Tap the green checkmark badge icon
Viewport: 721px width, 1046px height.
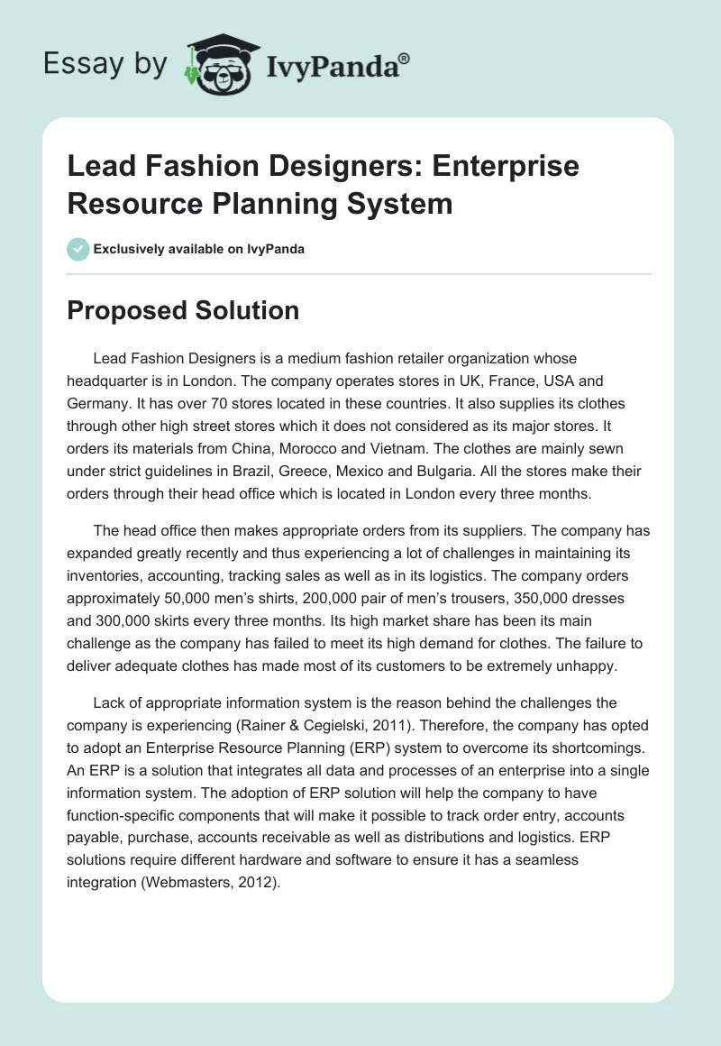point(78,249)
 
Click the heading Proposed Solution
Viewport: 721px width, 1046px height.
point(183,310)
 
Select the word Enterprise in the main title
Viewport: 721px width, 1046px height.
point(497,167)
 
